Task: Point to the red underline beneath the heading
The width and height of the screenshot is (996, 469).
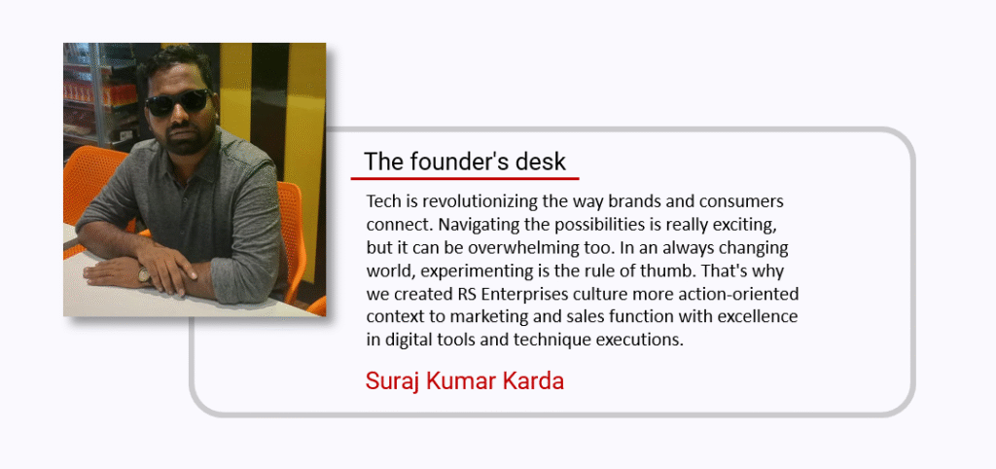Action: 465,179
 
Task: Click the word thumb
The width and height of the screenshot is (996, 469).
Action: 660,271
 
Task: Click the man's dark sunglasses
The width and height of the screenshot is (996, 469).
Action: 178,101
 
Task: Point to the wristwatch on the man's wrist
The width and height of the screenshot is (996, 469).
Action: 144,273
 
